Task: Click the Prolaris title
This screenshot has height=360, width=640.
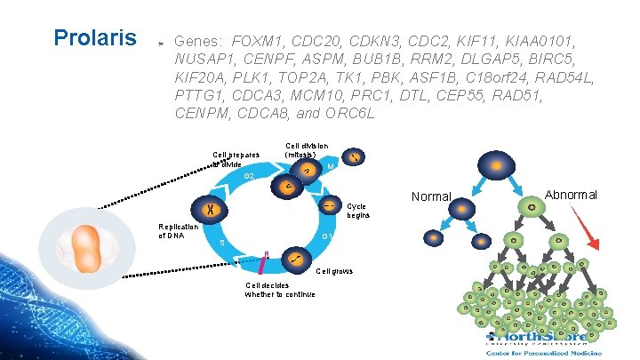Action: click(95, 38)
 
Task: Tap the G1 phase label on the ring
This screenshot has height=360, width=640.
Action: click(327, 236)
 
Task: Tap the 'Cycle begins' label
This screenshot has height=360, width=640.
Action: click(357, 210)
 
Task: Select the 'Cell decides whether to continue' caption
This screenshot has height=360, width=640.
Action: click(279, 290)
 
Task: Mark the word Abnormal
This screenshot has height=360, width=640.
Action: click(571, 195)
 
